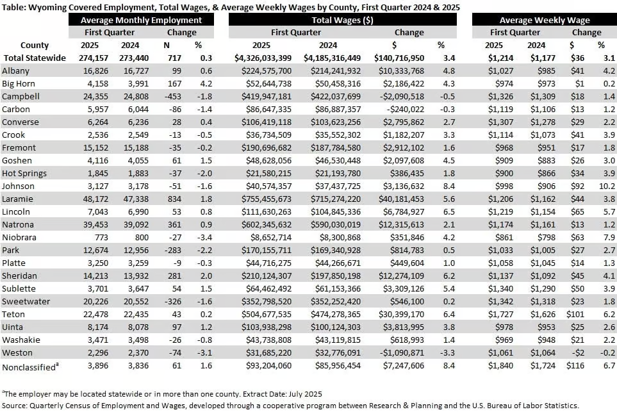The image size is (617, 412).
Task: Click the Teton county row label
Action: click(x=13, y=314)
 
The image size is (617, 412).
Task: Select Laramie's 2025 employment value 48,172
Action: click(x=95, y=199)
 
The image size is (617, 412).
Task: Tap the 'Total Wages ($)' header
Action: click(x=342, y=20)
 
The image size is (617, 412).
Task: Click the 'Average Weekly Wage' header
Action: click(x=545, y=20)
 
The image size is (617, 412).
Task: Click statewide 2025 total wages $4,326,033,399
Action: click(x=263, y=58)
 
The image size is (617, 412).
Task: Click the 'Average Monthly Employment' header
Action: click(x=141, y=20)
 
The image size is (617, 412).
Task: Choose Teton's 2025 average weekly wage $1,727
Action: click(x=500, y=314)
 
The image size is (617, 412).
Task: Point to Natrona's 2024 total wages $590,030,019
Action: click(x=336, y=224)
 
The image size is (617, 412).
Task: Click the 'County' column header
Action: click(x=34, y=45)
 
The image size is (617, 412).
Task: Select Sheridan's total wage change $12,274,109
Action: click(x=401, y=276)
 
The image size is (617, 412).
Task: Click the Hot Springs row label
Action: click(x=24, y=173)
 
